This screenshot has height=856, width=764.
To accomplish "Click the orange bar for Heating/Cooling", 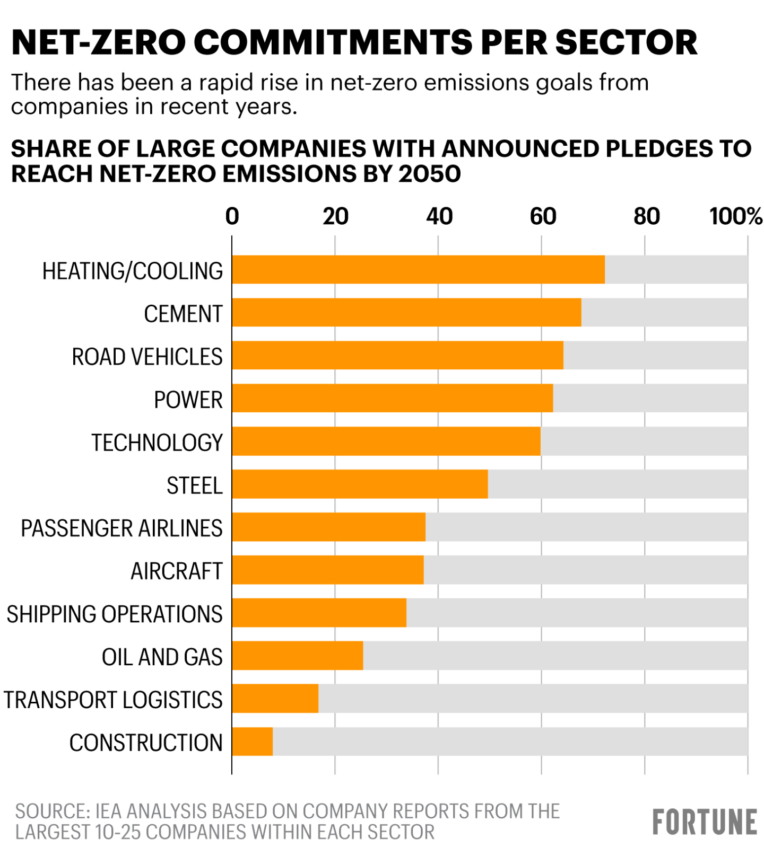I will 418,269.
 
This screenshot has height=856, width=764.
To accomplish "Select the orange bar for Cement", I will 406,312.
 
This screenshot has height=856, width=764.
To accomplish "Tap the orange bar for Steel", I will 360,484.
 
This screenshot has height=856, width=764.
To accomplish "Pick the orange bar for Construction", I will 253,742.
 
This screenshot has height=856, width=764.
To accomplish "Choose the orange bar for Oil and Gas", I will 298,656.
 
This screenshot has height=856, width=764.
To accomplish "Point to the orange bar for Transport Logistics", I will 275,699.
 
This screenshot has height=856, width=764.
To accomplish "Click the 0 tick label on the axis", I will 232,216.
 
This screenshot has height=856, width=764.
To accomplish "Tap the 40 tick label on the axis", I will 439,216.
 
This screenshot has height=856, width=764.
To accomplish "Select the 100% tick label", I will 736,216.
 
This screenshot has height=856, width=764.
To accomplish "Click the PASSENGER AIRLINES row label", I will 121,528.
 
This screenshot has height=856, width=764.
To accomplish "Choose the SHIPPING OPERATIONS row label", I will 115,614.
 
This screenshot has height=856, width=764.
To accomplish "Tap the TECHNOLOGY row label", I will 157,443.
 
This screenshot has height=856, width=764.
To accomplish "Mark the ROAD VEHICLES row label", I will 147,357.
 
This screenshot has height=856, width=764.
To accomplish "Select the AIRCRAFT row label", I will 177,571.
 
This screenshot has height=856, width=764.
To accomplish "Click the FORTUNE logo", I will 705,822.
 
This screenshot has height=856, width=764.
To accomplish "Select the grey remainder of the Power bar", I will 650,398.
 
